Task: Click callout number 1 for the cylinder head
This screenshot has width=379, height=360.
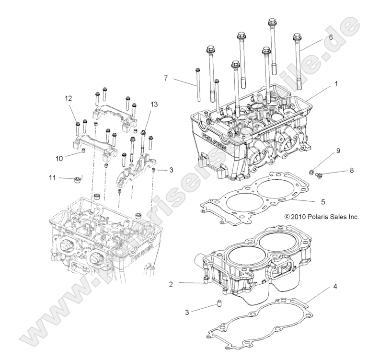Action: (x=336, y=83)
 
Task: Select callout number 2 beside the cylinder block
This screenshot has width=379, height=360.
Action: (x=170, y=284)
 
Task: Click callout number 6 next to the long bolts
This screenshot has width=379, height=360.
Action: (x=331, y=37)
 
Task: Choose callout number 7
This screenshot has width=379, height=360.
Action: (x=166, y=78)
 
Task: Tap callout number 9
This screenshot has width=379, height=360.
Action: (x=338, y=150)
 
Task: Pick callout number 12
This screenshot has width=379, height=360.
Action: (x=69, y=98)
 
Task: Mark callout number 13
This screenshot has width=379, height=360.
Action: (x=154, y=105)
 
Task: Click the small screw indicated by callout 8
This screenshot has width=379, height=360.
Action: (x=319, y=176)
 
